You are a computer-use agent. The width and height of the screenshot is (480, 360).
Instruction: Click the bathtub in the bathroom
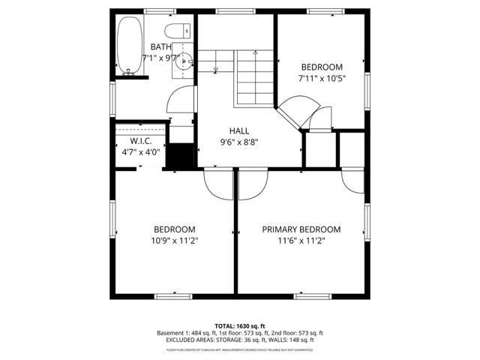pyautogui.click(x=128, y=46)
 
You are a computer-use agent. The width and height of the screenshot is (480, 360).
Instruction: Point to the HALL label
pyautogui.click(x=239, y=131)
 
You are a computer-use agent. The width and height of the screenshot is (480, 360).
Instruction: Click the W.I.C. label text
pyautogui.click(x=141, y=141)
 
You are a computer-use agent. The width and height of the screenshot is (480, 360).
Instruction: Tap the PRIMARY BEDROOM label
pyautogui.click(x=301, y=229)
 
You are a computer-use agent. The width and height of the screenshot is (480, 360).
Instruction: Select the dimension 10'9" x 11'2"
pyautogui.click(x=175, y=241)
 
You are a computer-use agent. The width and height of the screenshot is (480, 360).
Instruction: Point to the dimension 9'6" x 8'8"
pyautogui.click(x=239, y=142)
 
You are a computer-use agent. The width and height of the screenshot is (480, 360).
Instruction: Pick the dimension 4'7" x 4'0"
pyautogui.click(x=141, y=152)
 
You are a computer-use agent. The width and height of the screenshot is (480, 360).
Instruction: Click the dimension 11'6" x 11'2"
pyautogui.click(x=301, y=241)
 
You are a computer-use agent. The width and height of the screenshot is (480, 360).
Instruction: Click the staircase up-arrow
pyautogui.click(x=255, y=55)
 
